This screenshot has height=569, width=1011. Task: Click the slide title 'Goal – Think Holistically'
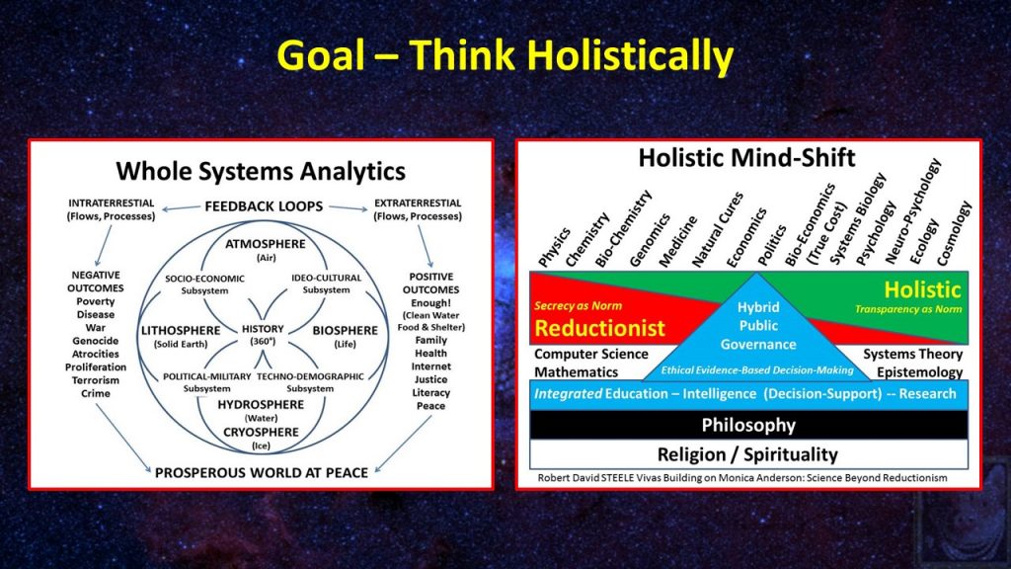(505, 55)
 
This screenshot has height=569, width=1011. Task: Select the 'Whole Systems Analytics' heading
(261, 172)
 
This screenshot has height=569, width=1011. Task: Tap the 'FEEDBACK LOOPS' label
(264, 206)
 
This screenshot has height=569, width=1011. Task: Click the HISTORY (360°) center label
(263, 334)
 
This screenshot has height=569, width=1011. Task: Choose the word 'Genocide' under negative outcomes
(96, 341)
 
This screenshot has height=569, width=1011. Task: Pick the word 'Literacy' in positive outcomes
(430, 393)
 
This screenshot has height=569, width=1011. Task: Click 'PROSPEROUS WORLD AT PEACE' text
(261, 473)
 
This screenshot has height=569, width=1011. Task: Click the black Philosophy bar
(748, 425)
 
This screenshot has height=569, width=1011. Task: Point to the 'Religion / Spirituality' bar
(748, 454)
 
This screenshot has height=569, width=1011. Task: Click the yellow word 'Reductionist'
(599, 328)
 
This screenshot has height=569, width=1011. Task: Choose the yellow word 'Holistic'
(922, 289)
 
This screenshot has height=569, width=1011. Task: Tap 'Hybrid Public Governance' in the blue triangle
(758, 326)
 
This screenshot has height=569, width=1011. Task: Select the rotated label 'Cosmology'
(954, 233)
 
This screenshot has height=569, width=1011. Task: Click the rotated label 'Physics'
(555, 247)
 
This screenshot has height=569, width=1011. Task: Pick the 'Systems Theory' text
(912, 355)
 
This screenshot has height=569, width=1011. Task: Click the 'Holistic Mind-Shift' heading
(746, 158)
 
